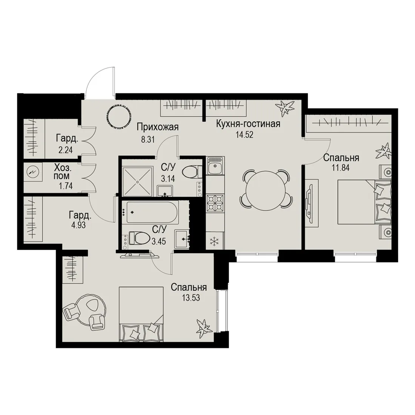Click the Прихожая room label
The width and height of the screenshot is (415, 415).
pos(158,127)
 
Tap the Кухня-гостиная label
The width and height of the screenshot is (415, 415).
pos(248,124)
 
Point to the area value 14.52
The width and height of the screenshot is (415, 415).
pos(244,135)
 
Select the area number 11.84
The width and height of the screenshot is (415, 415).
pos(341,168)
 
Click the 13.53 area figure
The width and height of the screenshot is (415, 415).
pos(191,298)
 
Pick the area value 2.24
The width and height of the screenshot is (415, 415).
pos(66,150)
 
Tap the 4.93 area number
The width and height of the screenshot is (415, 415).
pos(78,226)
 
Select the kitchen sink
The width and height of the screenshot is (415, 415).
pos(215,166)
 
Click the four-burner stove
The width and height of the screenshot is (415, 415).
pos(215,203)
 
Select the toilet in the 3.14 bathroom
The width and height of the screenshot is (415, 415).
pos(192,172)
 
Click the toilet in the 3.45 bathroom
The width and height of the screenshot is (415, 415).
pos(139,238)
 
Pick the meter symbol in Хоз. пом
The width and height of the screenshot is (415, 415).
pos(33,172)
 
